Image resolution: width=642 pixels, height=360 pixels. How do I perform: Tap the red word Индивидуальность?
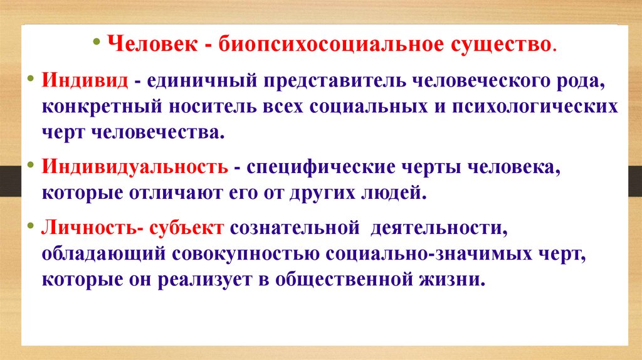point(135,169)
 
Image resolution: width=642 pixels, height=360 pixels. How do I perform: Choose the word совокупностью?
point(248,254)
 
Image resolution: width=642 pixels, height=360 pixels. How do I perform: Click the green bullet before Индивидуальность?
point(31,166)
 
